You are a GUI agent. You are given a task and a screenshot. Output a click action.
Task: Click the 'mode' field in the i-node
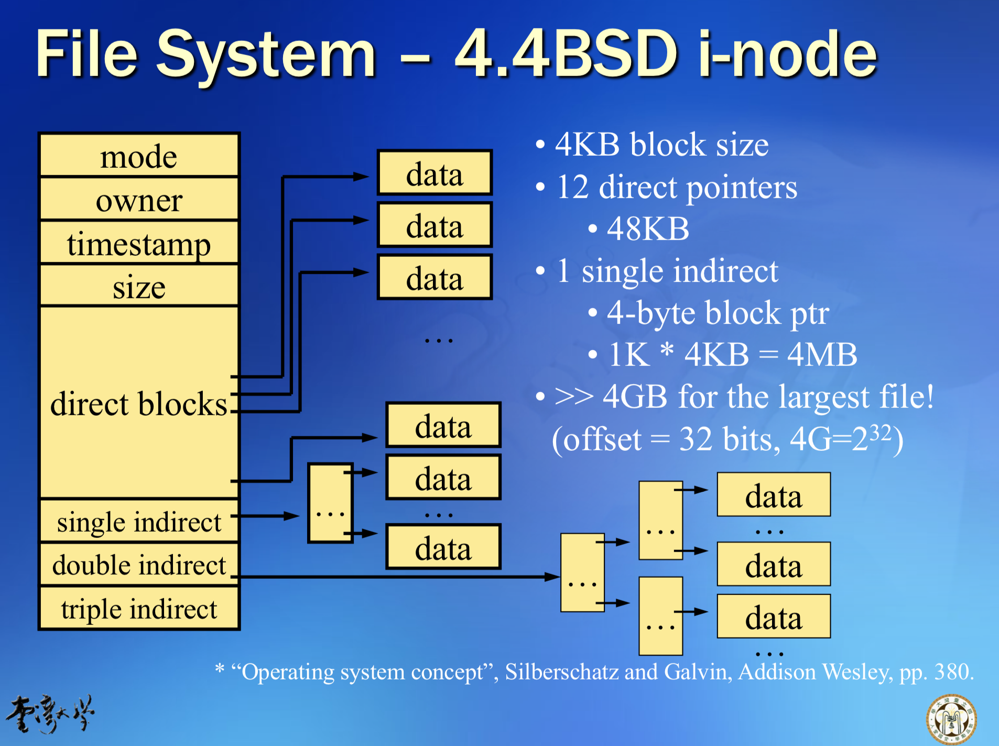[139, 156]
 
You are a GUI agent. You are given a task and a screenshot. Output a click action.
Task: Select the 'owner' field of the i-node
[139, 200]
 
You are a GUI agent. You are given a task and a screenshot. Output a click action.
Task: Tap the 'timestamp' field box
[139, 243]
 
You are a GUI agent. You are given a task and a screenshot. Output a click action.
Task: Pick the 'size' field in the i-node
[139, 287]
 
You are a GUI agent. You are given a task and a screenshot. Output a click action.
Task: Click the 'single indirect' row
[139, 522]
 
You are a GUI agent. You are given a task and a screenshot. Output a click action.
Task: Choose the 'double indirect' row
[139, 565]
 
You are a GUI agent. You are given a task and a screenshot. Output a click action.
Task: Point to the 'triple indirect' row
[139, 609]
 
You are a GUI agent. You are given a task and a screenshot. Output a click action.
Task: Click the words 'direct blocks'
[139, 404]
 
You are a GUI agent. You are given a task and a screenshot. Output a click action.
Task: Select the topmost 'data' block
[435, 174]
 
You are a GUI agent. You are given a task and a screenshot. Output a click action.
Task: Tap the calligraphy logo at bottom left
[50, 713]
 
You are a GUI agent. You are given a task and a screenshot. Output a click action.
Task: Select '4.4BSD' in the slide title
[566, 54]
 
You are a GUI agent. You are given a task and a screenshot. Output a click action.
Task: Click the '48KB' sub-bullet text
[648, 229]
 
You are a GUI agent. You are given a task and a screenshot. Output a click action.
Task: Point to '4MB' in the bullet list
[822, 355]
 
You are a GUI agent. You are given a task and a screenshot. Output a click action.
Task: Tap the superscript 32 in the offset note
[880, 432]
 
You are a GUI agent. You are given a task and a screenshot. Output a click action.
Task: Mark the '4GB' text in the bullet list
[635, 397]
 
